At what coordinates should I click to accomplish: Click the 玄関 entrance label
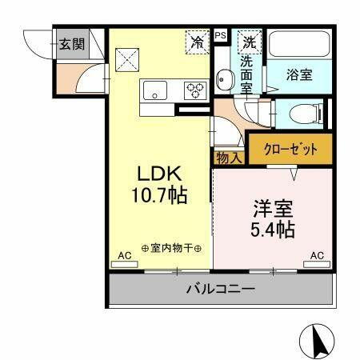(x=71, y=43)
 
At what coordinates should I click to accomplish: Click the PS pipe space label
(x=221, y=35)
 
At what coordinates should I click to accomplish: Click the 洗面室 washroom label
(x=246, y=74)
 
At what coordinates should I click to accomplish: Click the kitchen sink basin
(x=154, y=90)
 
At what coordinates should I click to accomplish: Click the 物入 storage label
(x=230, y=158)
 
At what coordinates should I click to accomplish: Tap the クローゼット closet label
(x=289, y=149)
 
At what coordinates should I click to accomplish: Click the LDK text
(x=160, y=174)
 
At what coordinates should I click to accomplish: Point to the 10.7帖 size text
(x=160, y=195)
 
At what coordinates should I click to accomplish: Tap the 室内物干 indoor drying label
(x=171, y=247)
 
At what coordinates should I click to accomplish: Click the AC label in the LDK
(x=124, y=256)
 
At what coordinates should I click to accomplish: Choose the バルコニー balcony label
(x=221, y=289)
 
